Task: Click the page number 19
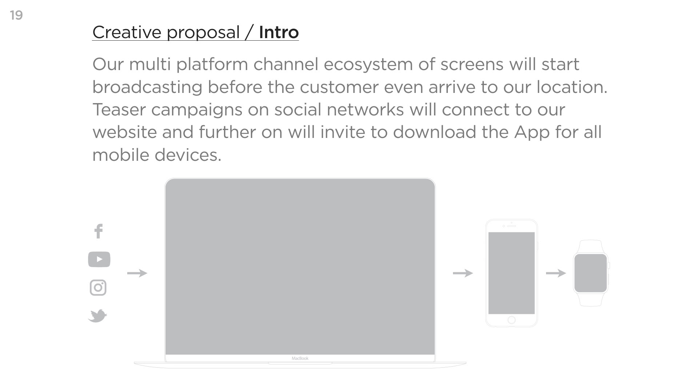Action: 16,15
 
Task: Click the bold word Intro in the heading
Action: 279,32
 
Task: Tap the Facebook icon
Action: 99,231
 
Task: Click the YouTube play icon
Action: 99,259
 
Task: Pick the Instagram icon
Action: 98,288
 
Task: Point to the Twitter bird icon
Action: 97,316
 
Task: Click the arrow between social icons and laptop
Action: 137,273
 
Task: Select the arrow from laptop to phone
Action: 463,273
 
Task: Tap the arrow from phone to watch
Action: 556,273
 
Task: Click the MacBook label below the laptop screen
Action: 300,359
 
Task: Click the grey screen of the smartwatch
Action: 591,273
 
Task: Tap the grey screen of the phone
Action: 512,273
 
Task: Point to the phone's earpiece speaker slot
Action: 512,226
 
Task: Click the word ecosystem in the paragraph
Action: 368,65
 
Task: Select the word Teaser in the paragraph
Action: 119,110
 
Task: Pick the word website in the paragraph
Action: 124,132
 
